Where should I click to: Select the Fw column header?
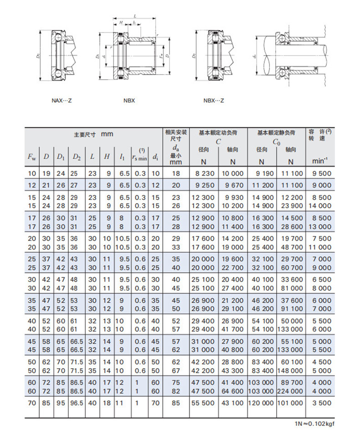point(31,157)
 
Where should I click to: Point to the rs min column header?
point(139,158)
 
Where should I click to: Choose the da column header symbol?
point(176,148)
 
